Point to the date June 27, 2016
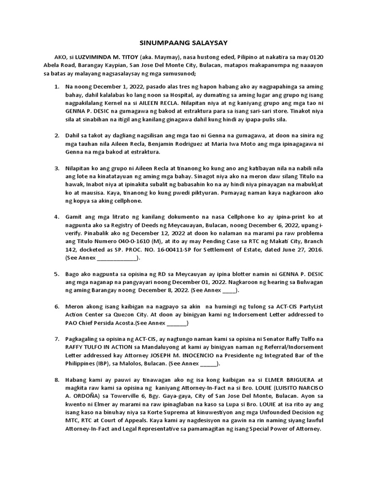point(298,251)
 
